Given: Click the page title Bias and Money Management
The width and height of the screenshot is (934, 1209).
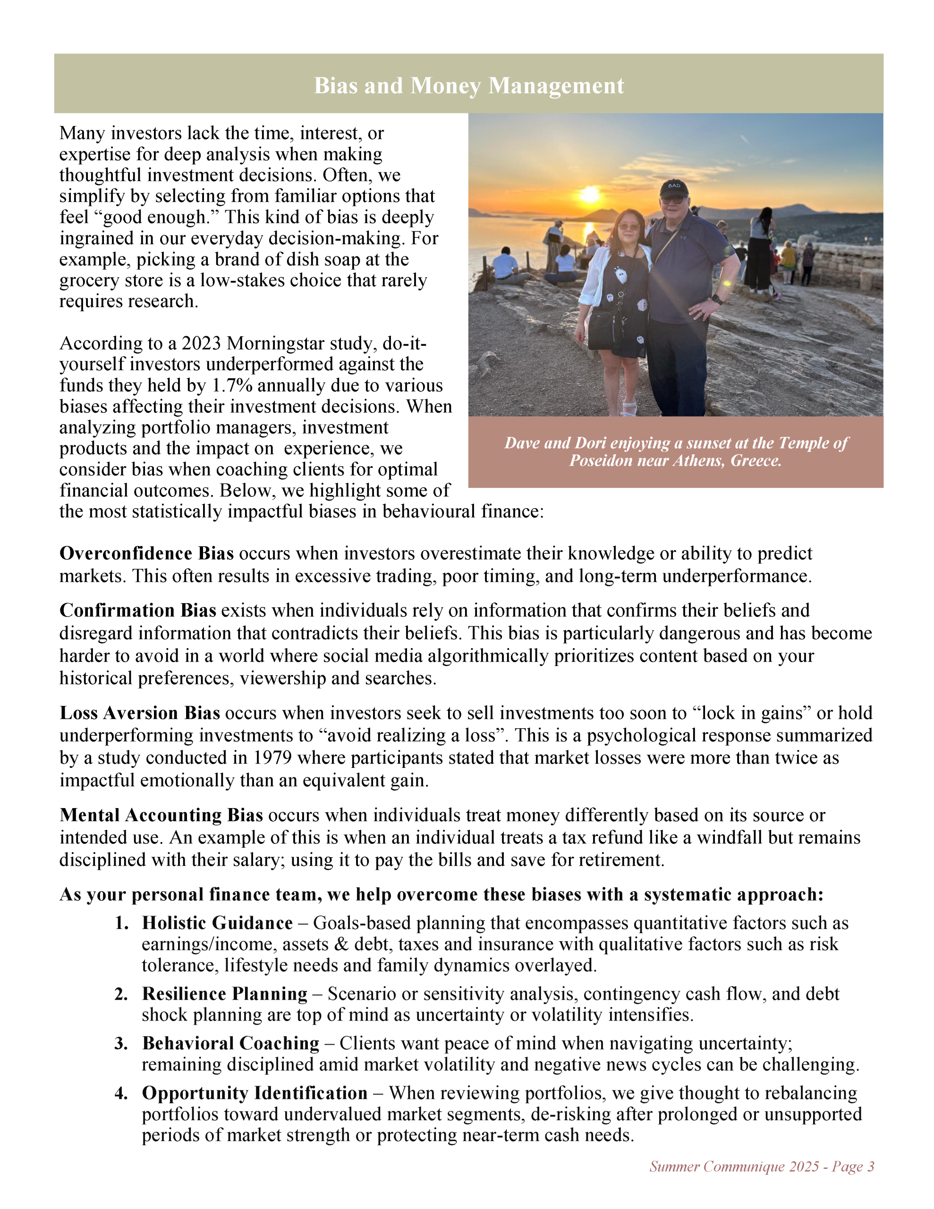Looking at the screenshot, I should tap(469, 86).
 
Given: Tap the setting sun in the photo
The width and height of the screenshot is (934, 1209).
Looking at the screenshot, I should tap(589, 195).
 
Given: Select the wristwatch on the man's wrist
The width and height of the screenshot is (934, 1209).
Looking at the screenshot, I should tap(718, 299).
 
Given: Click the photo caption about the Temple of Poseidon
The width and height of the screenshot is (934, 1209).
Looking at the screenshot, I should tap(675, 451).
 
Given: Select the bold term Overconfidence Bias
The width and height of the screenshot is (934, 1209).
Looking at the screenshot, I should tap(147, 553).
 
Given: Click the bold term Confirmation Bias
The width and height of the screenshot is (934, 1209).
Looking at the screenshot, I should tap(138, 611).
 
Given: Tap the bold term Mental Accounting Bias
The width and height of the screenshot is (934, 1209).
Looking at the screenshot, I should tap(161, 816).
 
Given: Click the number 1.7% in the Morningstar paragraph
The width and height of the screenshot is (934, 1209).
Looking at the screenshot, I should tap(232, 385).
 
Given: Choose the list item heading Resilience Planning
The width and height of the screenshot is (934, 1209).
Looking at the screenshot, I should tap(225, 994).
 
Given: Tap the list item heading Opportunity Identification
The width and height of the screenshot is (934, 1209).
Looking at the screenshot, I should tap(255, 1093).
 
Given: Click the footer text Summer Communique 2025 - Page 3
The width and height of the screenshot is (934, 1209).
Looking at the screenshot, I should tap(762, 1166).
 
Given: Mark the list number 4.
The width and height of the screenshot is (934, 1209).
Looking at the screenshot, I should tap(121, 1093).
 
